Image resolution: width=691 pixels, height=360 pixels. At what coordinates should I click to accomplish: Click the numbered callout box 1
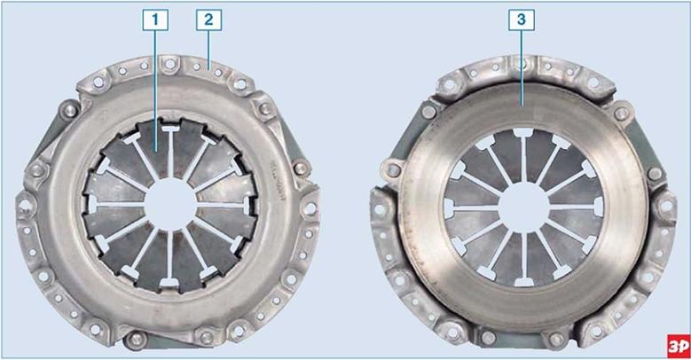(155, 20)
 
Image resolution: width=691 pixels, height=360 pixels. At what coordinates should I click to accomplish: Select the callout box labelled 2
(208, 20)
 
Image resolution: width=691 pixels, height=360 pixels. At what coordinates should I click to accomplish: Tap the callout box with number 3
(522, 20)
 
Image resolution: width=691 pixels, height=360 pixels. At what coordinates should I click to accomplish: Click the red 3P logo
(678, 346)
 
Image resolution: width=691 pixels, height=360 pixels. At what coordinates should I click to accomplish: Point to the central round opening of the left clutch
(170, 205)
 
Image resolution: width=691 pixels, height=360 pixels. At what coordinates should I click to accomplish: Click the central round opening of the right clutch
(524, 207)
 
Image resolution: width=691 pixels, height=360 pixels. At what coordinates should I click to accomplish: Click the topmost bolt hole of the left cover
(169, 64)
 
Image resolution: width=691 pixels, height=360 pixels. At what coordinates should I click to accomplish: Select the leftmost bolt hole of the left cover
(24, 205)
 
